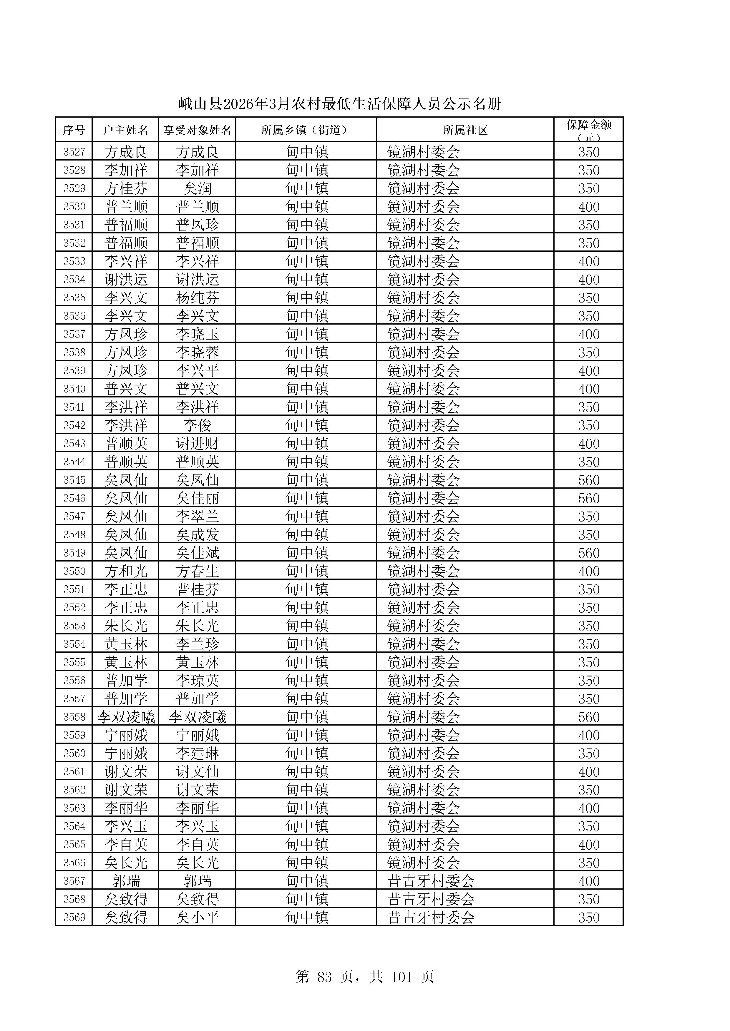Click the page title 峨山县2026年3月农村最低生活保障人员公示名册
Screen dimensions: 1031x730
click(339, 104)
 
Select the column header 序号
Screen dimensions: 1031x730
click(74, 130)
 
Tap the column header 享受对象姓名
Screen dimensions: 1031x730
click(197, 130)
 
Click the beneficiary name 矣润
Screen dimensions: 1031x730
click(197, 188)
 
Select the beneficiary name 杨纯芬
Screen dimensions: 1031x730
click(197, 298)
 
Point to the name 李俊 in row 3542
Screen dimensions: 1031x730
click(197, 425)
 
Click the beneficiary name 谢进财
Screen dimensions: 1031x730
click(197, 444)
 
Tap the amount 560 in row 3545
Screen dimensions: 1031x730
click(588, 480)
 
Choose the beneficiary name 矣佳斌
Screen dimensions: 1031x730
click(197, 553)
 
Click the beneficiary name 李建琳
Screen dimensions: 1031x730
click(197, 753)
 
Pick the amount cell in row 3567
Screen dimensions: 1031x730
click(588, 881)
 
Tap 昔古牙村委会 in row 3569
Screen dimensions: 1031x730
click(431, 918)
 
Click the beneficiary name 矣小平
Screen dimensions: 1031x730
click(197, 918)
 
